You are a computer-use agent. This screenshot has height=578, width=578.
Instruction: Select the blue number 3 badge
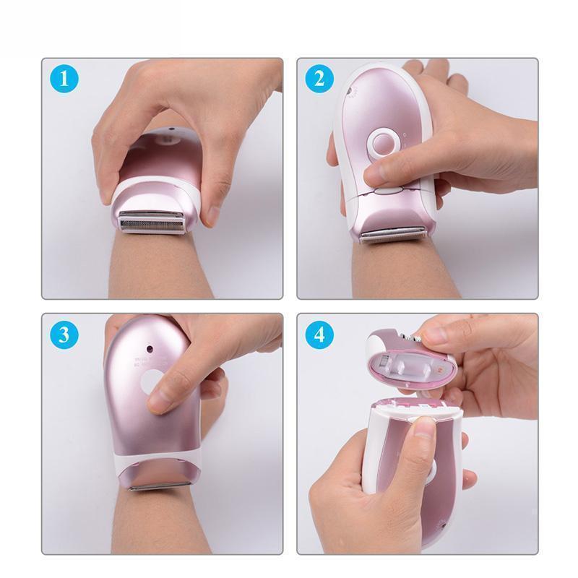coord(65,335)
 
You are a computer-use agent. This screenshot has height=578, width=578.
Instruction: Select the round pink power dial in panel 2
coord(384,143)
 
